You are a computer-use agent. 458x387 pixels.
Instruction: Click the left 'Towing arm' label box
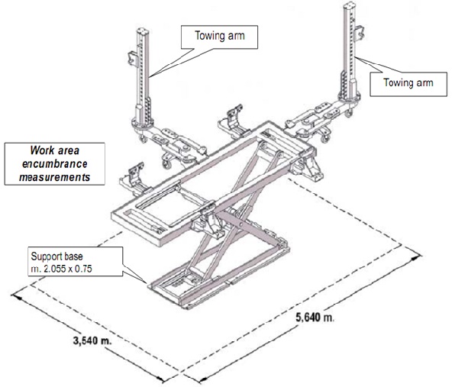[205, 35]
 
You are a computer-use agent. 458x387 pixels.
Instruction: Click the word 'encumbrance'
[54, 163]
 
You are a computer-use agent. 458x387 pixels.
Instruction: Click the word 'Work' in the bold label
[44, 150]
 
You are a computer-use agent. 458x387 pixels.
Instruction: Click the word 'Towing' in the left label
[195, 35]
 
